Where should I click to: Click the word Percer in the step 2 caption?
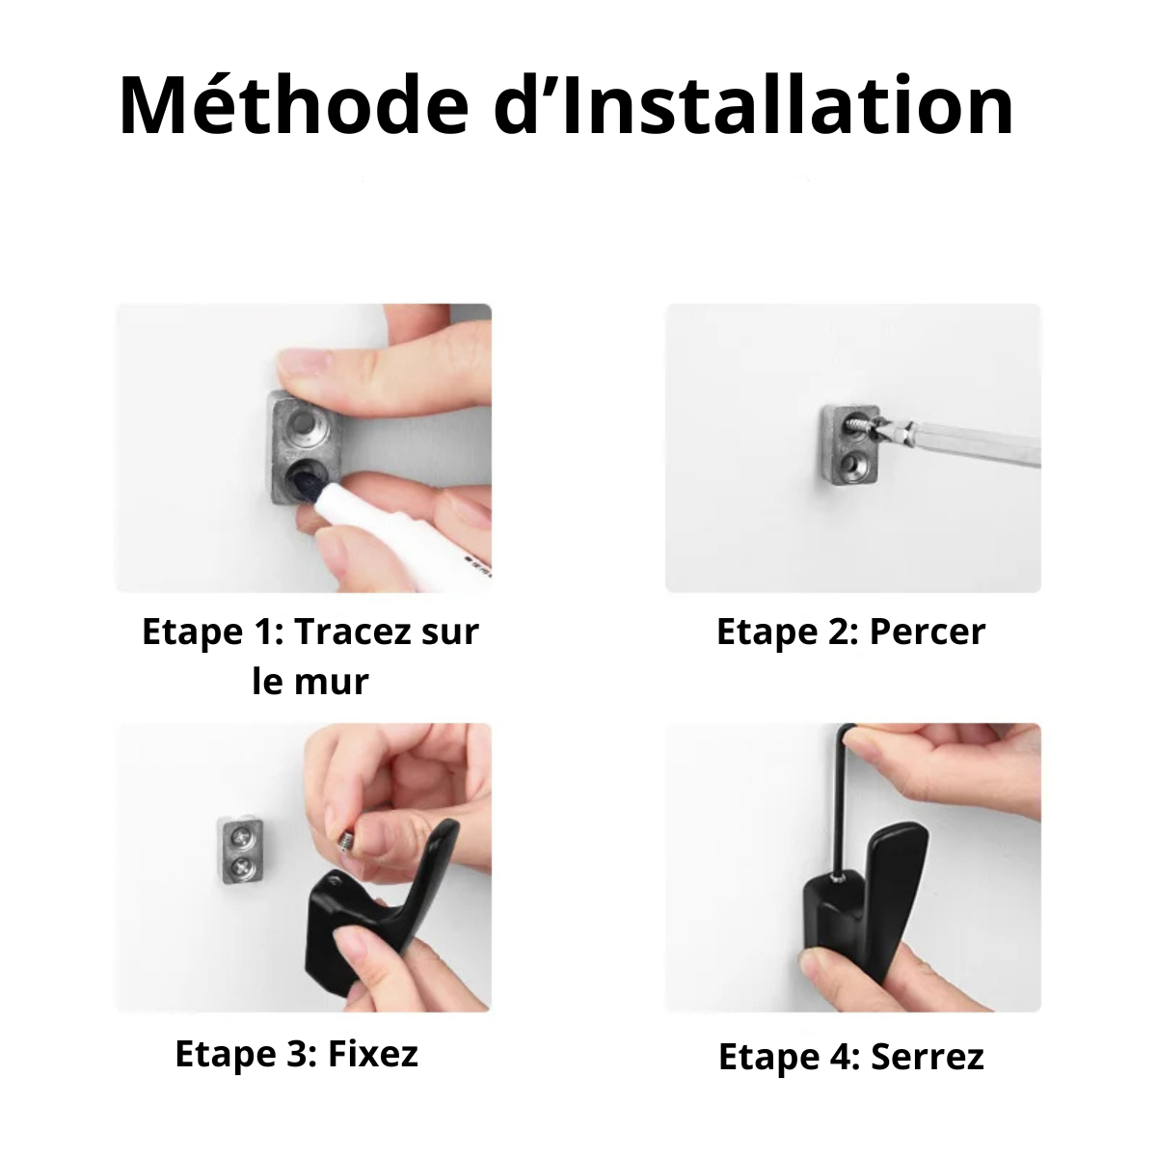pyautogui.click(x=928, y=632)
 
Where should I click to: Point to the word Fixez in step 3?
pyautogui.click(x=373, y=1053)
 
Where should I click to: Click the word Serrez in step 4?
pyautogui.click(x=927, y=1057)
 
